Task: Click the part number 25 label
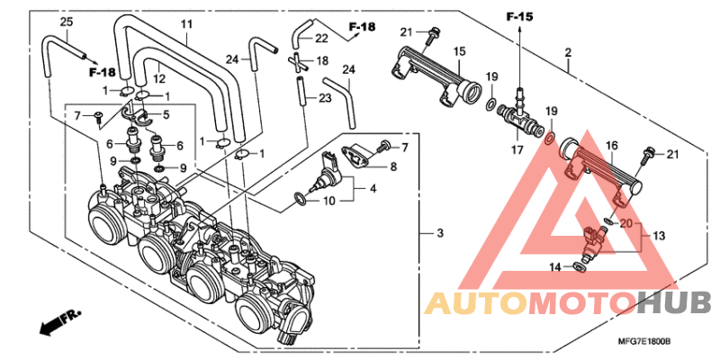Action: point(67,21)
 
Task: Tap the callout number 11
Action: point(185,24)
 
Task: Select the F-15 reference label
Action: point(520,17)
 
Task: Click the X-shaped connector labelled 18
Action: point(297,61)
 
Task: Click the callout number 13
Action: point(659,236)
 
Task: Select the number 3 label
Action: point(440,233)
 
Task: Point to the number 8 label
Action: point(393,166)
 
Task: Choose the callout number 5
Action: point(166,114)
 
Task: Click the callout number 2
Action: point(568,53)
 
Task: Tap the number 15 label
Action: point(460,51)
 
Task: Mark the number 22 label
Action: point(322,39)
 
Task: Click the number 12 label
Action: point(158,79)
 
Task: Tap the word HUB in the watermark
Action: point(674,303)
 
